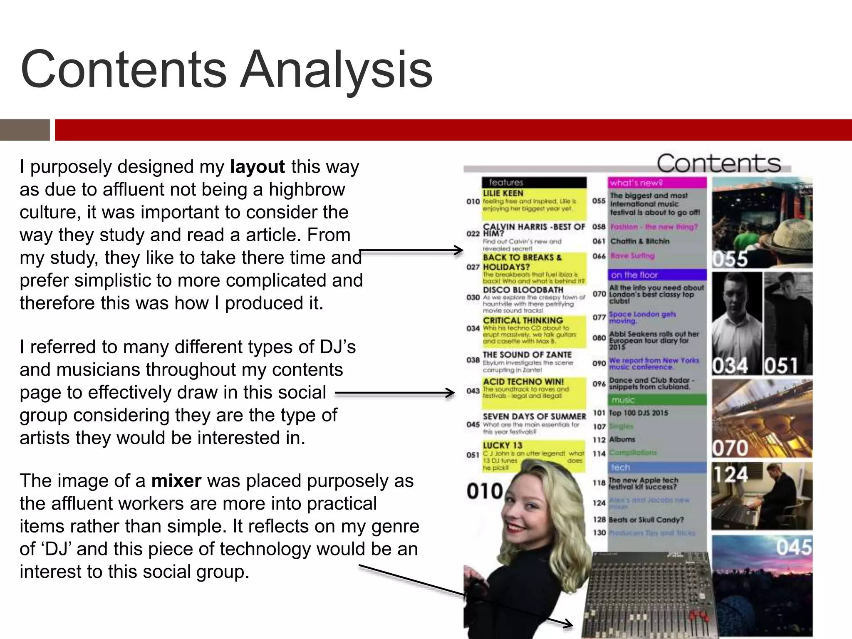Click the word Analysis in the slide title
337,70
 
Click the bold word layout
257,167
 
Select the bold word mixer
176,481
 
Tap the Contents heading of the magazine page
718,163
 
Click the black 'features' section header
534,182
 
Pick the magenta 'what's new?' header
657,183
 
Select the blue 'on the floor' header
657,275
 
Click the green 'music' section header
657,400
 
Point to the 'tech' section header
657,467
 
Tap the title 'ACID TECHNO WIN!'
523,381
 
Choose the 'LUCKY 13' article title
502,445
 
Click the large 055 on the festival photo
730,259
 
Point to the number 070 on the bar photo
730,448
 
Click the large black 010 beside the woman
485,491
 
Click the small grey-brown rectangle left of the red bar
25,130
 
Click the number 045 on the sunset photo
793,547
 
